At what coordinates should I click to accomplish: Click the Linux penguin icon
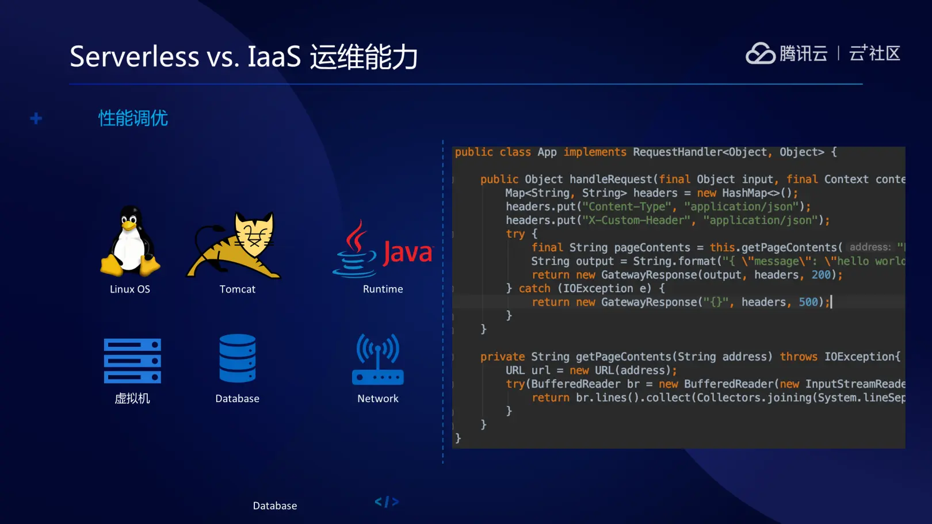pyautogui.click(x=130, y=241)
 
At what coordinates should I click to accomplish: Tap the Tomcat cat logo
pyautogui.click(x=234, y=246)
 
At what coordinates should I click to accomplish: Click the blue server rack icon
pyautogui.click(x=132, y=361)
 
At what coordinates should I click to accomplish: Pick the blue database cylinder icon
pyautogui.click(x=238, y=358)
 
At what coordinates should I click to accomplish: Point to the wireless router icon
pyautogui.click(x=378, y=359)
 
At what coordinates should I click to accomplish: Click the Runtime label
pyautogui.click(x=383, y=289)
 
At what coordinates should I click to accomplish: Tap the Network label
pyautogui.click(x=378, y=399)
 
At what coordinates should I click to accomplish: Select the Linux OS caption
pyautogui.click(x=130, y=289)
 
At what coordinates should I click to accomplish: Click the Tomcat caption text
pyautogui.click(x=237, y=289)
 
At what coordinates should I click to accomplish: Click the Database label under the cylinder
pyautogui.click(x=237, y=399)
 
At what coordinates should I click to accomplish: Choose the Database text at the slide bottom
pyautogui.click(x=275, y=506)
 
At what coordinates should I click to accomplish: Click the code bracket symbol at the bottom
pyautogui.click(x=387, y=502)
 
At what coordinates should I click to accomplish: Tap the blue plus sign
pyautogui.click(x=36, y=118)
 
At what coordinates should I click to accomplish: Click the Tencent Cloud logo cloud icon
pyautogui.click(x=760, y=53)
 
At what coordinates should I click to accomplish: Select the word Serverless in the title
pyautogui.click(x=135, y=56)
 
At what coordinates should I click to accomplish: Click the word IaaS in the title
pyautogui.click(x=274, y=56)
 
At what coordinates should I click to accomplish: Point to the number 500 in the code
pyautogui.click(x=808, y=302)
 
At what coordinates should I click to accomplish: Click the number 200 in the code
pyautogui.click(x=821, y=274)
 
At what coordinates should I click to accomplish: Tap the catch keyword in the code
pyautogui.click(x=534, y=288)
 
